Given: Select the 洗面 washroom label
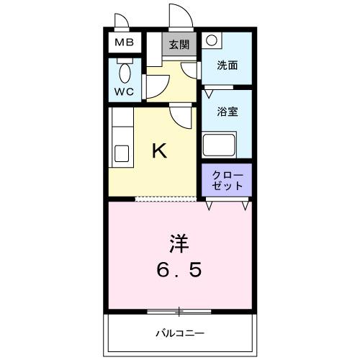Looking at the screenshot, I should pyautogui.click(x=228, y=65).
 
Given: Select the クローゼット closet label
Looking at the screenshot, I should pyautogui.click(x=227, y=181).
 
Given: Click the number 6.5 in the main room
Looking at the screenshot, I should pyautogui.click(x=179, y=270).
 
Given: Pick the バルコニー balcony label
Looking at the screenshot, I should pyautogui.click(x=180, y=333).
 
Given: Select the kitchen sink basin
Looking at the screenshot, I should pyautogui.click(x=121, y=154).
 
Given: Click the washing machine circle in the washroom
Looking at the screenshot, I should pyautogui.click(x=211, y=42).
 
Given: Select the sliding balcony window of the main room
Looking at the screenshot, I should pyautogui.click(x=179, y=312).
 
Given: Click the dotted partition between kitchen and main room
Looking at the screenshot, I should pyautogui.click(x=166, y=199).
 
